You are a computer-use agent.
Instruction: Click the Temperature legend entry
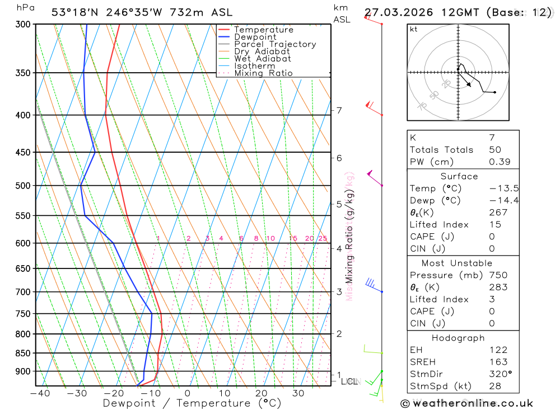coord(263,30)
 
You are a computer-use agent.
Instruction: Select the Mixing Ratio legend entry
coord(263,73)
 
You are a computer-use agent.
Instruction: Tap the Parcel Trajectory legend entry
coord(275,44)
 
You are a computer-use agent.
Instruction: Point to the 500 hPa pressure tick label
coord(22,186)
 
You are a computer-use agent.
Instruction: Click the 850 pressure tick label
coord(22,354)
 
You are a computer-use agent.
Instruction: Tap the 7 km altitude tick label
coord(339,110)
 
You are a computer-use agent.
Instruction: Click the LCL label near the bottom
coord(349,381)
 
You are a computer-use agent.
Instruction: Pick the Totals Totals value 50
coord(495,150)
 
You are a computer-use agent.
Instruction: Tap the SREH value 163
coord(498,362)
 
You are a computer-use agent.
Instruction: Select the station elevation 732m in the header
coord(170,12)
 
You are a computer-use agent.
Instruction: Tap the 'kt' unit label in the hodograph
coord(414,29)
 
